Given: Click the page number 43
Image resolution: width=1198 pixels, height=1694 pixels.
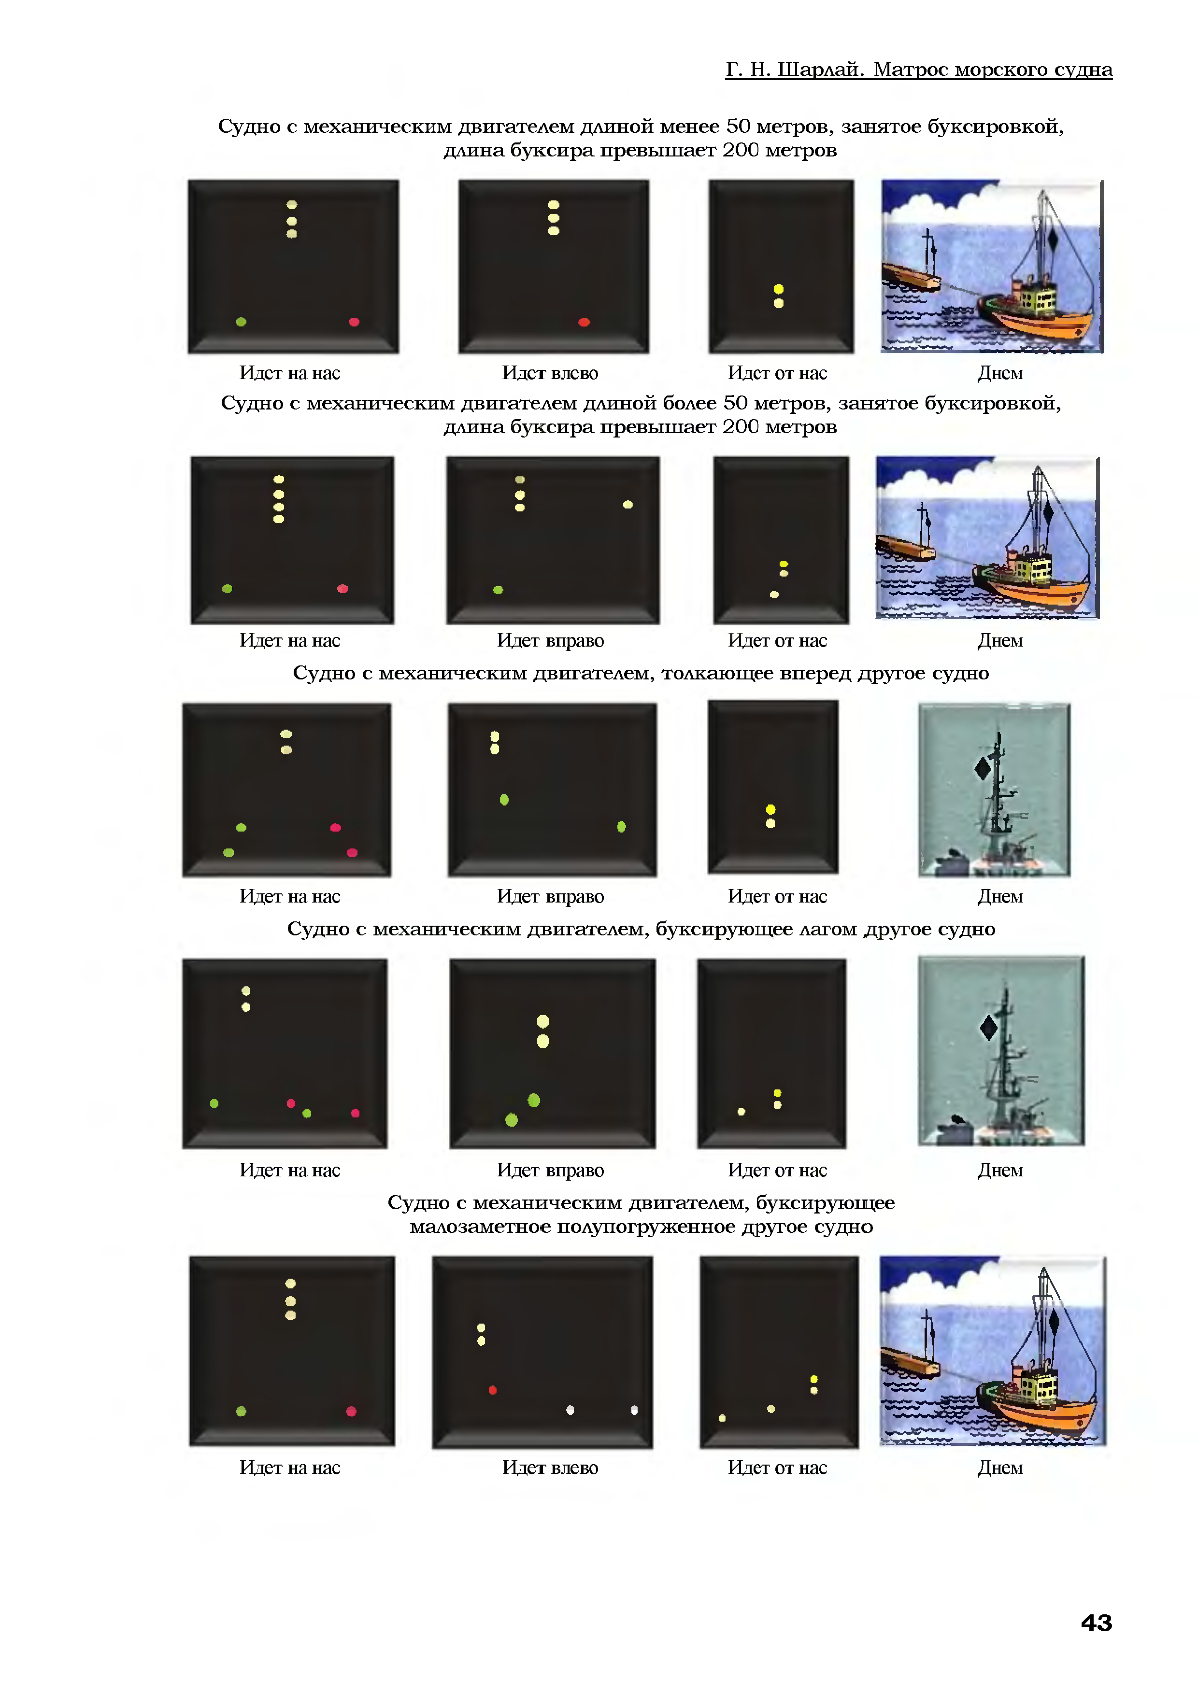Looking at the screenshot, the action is click(1096, 1623).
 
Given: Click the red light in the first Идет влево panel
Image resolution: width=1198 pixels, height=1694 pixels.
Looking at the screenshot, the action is click(584, 322).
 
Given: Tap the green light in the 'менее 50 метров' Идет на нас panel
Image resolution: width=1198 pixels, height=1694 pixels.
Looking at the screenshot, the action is click(241, 322).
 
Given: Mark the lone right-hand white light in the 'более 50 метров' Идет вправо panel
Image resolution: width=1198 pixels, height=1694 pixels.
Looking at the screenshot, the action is click(628, 505).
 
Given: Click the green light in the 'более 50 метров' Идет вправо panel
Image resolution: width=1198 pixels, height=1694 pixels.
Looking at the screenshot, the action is click(498, 590).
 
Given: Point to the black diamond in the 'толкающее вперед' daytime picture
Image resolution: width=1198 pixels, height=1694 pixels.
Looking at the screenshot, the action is click(983, 769).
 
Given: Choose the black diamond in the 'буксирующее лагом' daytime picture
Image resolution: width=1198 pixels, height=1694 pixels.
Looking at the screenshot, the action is click(988, 1027).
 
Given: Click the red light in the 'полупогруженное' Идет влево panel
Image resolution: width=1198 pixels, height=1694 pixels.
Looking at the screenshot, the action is click(492, 1390).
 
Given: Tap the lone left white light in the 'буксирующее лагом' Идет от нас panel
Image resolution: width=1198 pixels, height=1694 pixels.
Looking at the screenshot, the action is click(741, 1111).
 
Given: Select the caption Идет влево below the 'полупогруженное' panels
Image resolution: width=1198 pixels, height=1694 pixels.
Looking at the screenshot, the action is click(550, 1468).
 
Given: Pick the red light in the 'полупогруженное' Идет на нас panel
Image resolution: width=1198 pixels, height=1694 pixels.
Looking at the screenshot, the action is click(351, 1412).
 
